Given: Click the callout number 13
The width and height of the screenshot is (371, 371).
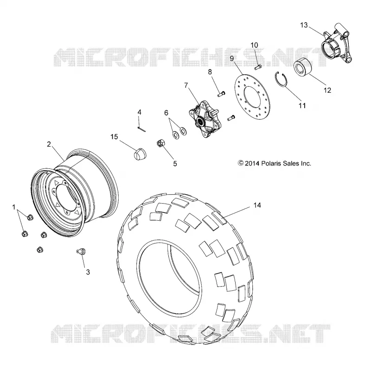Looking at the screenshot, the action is (x=304, y=25).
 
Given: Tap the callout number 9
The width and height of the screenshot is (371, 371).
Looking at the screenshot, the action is (x=231, y=58).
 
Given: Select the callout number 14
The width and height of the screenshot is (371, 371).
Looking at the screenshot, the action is (x=257, y=205).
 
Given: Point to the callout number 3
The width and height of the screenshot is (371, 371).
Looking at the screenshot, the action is (x=88, y=272).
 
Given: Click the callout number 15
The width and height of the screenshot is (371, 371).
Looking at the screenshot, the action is (x=114, y=137).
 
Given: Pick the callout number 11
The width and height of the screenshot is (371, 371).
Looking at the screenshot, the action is (x=302, y=106).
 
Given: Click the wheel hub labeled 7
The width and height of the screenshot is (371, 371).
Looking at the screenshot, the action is (x=205, y=119).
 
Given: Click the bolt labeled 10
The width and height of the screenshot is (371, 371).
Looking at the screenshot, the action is (x=258, y=67).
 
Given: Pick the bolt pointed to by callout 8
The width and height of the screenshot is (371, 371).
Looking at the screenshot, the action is (x=221, y=94).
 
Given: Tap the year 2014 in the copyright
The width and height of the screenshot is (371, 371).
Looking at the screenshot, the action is (x=252, y=163).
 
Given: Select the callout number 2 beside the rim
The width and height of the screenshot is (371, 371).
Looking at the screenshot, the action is (x=49, y=144).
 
